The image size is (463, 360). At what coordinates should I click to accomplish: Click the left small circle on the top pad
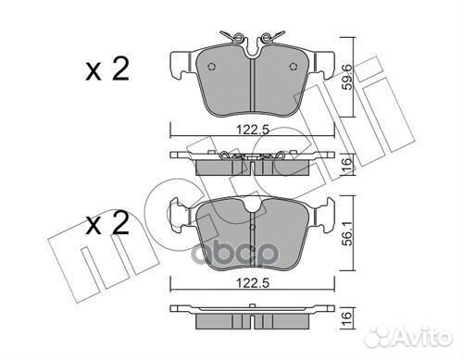point(212,68)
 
